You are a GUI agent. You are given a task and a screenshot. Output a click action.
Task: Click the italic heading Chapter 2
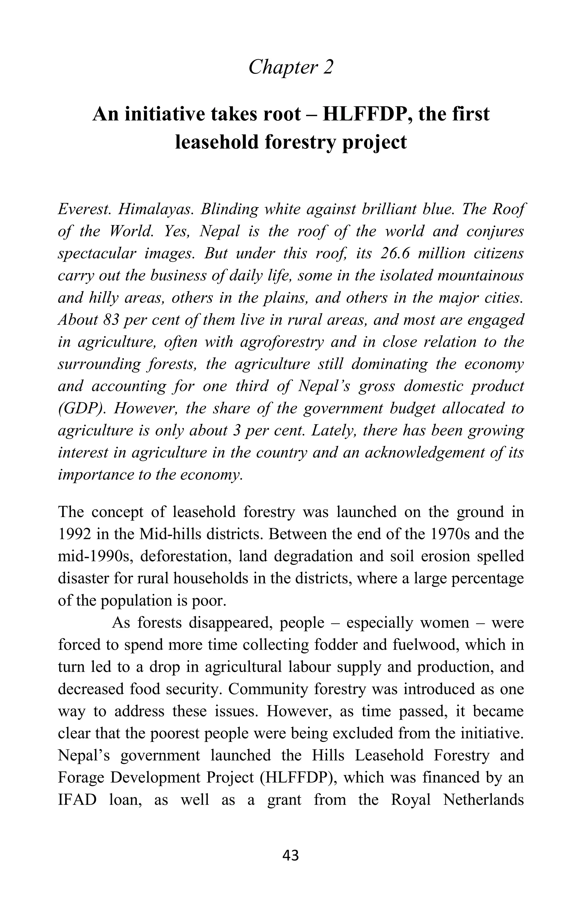pos(291,67)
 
